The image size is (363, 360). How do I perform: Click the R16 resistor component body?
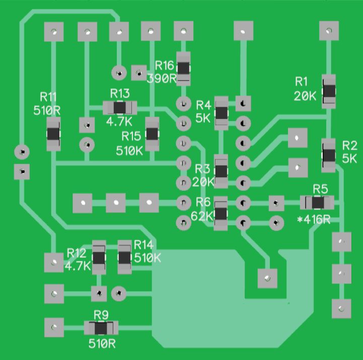[183, 68]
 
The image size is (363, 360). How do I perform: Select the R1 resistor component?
[329, 91]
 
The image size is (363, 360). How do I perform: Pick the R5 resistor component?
[317, 202]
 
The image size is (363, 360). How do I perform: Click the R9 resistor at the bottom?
[101, 328]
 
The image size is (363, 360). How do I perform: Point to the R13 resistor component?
[119, 107]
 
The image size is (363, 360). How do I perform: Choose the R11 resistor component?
[53, 134]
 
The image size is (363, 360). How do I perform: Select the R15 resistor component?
[152, 133]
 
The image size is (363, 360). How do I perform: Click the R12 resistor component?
[99, 258]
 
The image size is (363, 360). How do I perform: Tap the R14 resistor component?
[124, 257]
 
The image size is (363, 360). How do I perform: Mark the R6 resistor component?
[221, 214]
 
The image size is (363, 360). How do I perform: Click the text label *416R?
[314, 220]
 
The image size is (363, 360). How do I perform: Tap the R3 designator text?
[202, 168]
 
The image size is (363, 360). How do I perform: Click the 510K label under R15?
[129, 151]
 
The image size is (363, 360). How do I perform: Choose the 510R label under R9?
[102, 344]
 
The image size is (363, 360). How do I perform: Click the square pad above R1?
[329, 31]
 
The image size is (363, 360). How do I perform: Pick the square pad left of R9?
[54, 327]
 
